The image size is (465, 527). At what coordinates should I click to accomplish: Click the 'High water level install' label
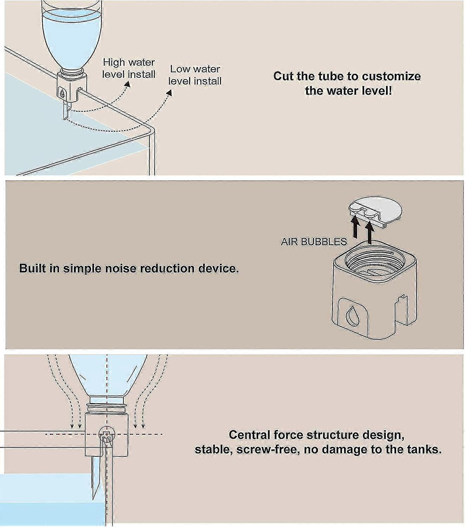(129, 68)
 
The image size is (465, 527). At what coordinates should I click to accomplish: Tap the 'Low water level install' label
(195, 75)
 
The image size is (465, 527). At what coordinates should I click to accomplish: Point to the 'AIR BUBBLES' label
(314, 242)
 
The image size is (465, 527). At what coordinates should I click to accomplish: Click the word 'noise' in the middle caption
(122, 268)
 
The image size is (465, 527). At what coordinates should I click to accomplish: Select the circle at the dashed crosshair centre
(107, 435)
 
